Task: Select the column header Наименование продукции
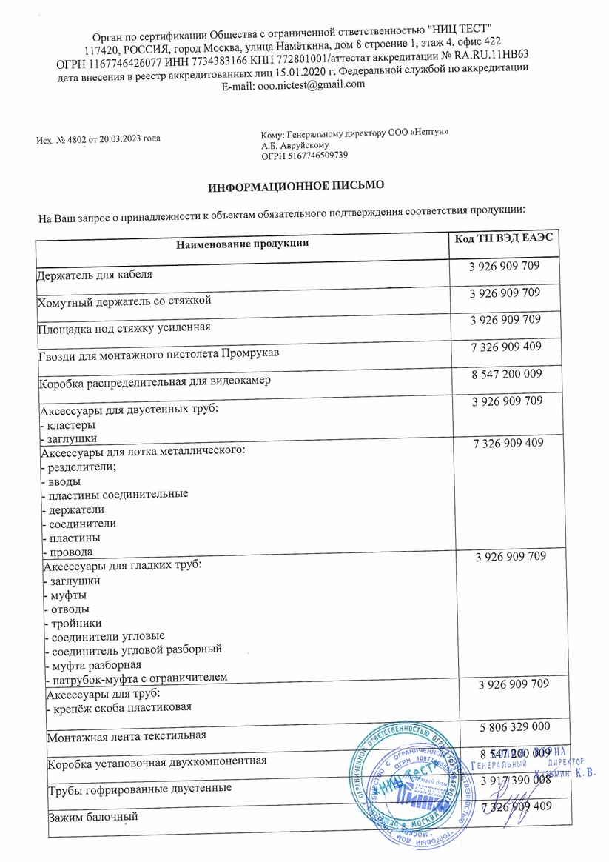[242, 243]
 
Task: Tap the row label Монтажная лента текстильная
[127, 736]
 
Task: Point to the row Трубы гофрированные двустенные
[139, 788]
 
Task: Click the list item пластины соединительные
[117, 494]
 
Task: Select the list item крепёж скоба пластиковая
[121, 707]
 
